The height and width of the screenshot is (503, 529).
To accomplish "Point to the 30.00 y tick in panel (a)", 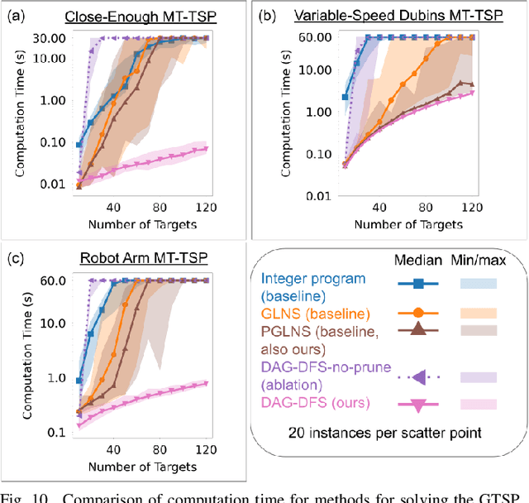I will click(49, 38).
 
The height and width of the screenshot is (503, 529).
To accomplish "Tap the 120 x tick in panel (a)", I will click(199, 207).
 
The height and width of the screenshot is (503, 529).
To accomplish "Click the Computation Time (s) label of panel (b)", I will click(286, 112).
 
